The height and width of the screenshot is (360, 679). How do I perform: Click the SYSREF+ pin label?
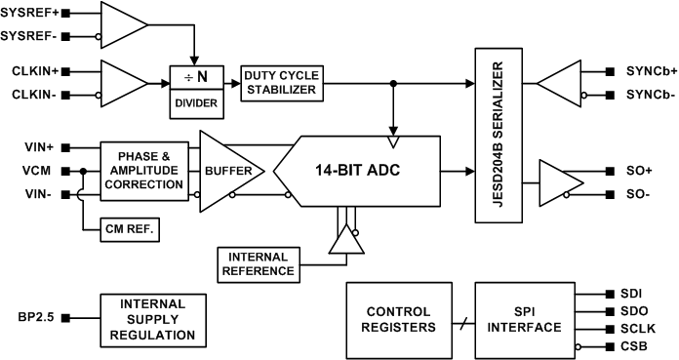click(33, 15)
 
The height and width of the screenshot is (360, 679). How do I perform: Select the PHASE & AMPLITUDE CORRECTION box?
click(142, 172)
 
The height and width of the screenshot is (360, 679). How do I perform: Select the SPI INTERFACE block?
click(523, 319)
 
